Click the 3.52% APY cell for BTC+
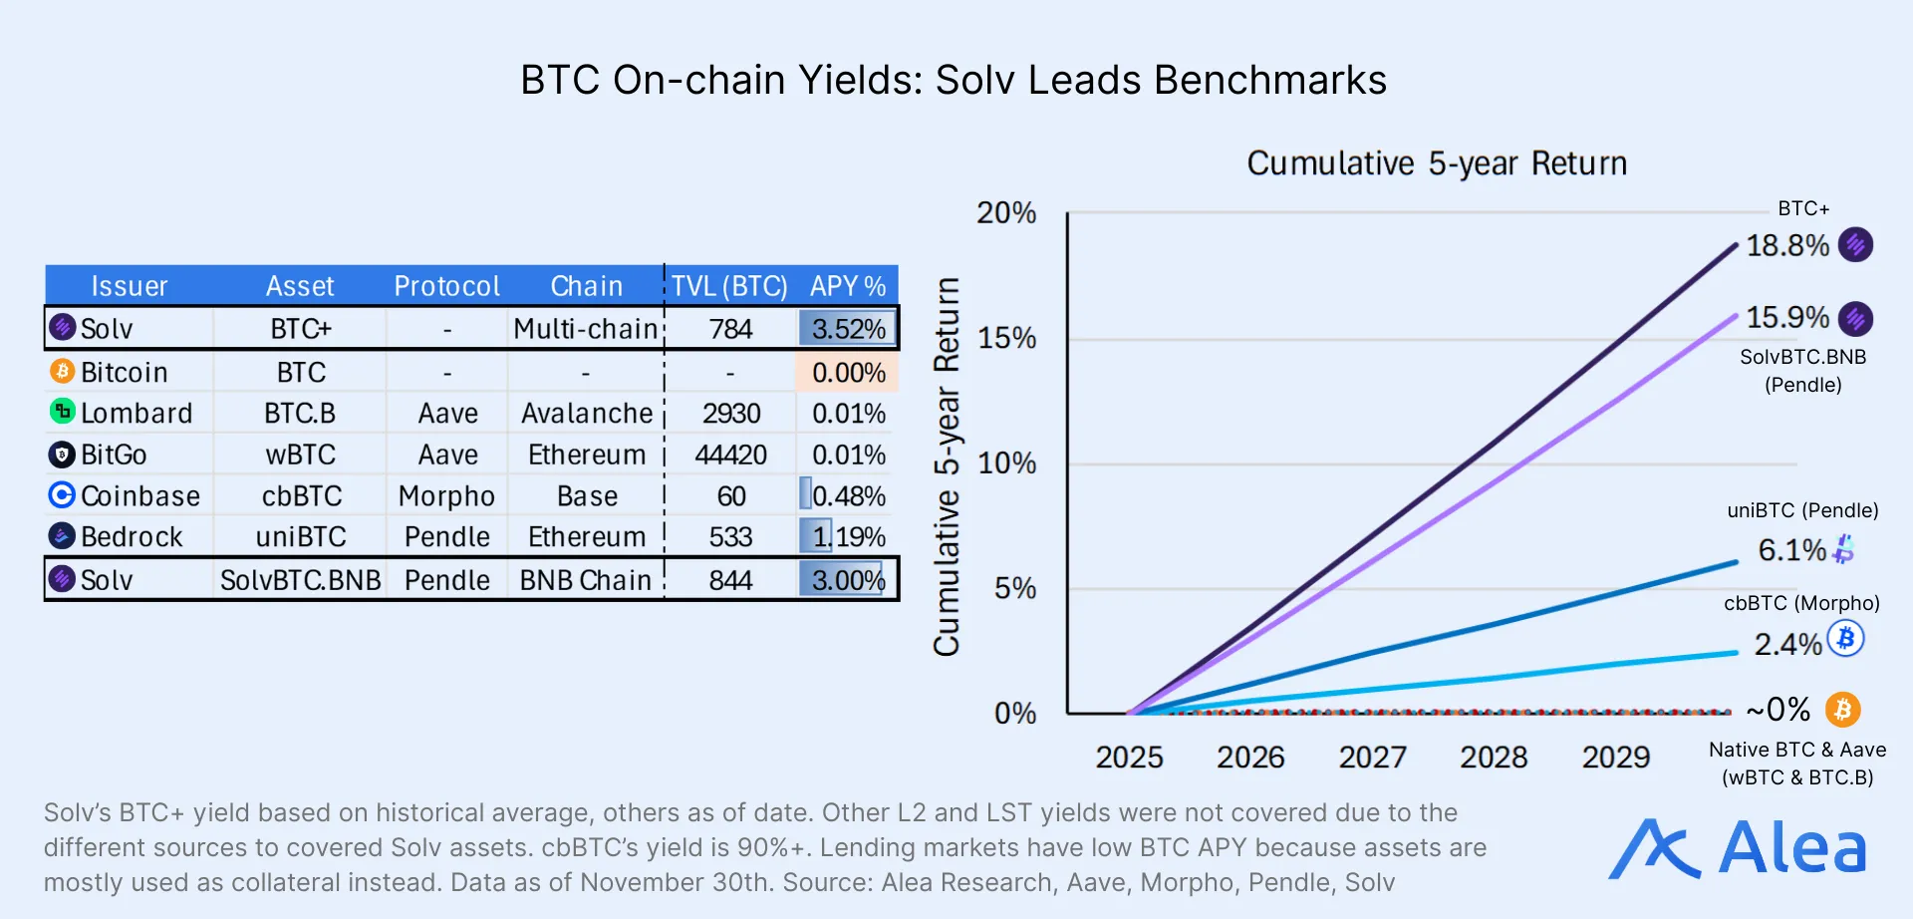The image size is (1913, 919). point(848,329)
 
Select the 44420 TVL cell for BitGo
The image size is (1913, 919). point(730,455)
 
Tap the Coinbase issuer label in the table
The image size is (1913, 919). point(139,495)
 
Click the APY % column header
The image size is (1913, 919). point(847,286)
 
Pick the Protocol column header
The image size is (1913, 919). point(446,286)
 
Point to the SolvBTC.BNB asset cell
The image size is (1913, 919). point(300,580)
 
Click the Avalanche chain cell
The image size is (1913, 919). point(587,413)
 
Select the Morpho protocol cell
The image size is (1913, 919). point(446,495)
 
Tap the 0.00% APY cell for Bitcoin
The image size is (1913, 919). point(848,372)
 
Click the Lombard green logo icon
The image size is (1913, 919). point(62,411)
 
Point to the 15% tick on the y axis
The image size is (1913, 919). point(1006,338)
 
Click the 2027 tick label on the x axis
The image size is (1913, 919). point(1372,757)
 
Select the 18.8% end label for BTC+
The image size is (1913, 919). point(1787,245)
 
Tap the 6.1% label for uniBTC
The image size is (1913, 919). point(1791,549)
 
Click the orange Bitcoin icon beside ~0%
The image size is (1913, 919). point(1842,710)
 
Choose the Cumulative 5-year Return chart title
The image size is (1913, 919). point(1436,162)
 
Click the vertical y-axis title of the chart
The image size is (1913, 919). point(947,466)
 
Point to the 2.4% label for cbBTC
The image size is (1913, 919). point(1787,644)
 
